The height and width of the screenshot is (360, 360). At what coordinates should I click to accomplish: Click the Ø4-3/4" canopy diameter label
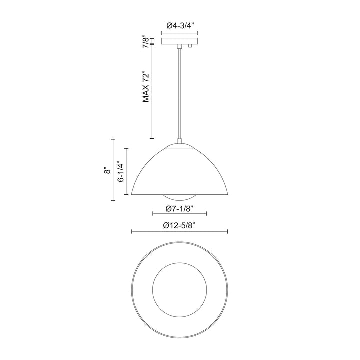tap(179, 26)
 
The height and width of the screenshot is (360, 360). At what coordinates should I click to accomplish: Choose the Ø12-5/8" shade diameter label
tap(179, 225)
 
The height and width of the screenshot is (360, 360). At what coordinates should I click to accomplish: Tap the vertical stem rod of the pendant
tap(179, 95)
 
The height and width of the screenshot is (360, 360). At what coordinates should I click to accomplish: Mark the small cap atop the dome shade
tap(179, 145)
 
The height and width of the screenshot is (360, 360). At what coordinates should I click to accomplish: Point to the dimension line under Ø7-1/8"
tap(179, 213)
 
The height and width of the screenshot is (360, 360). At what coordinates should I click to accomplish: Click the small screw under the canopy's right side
tap(191, 46)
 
